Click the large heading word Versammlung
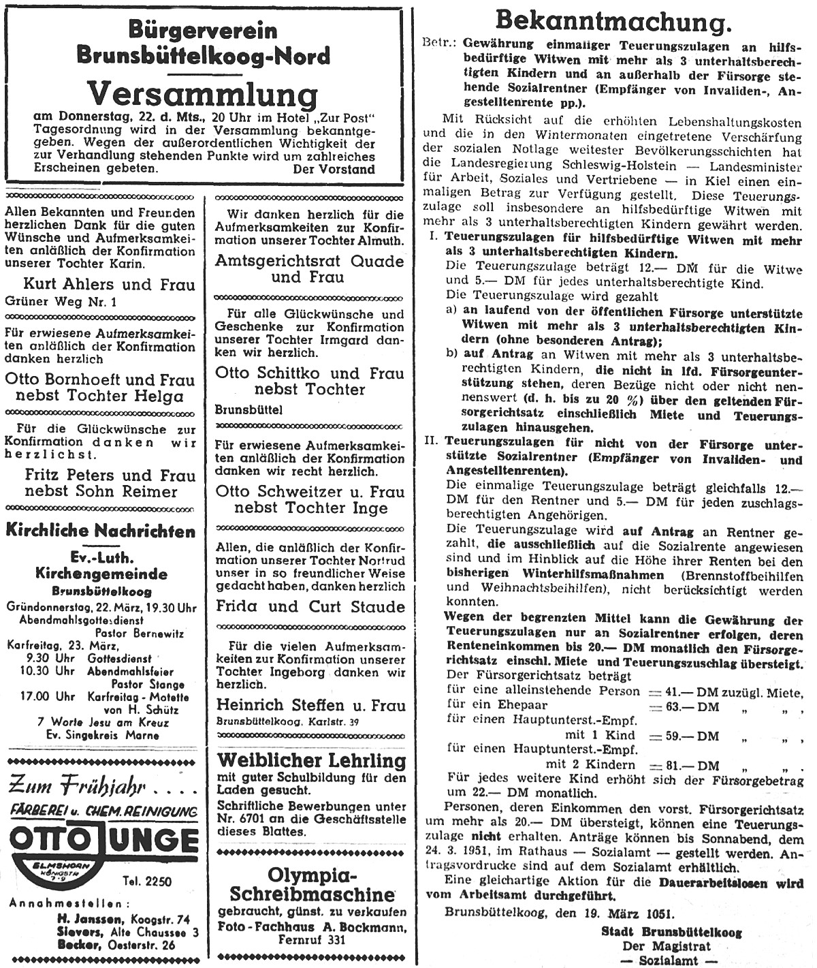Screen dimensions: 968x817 (x=204, y=95)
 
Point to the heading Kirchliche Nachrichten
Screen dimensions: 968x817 (x=101, y=531)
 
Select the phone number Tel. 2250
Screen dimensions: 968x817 (x=161, y=881)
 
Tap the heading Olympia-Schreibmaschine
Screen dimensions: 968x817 (x=312, y=884)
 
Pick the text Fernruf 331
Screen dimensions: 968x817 (x=312, y=939)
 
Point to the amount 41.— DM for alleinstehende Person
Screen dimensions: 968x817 (x=682, y=691)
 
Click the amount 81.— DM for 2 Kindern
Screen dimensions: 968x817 (x=682, y=765)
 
